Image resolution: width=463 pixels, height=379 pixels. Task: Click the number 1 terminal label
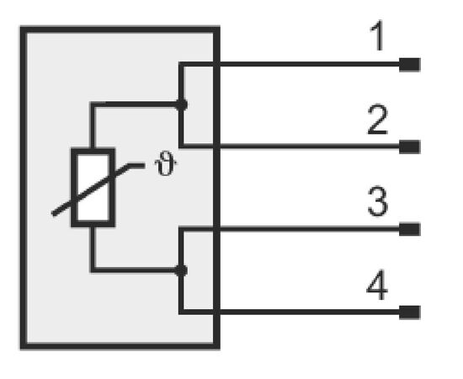coord(378,35)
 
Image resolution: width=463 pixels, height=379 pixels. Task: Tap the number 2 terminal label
coord(377,120)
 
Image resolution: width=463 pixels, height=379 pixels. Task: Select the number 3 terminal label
coord(378,201)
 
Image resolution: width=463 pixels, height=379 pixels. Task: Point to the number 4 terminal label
coord(377,285)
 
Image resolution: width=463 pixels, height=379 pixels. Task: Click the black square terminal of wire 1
coord(410,65)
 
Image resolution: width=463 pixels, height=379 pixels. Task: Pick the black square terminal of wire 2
coord(410,147)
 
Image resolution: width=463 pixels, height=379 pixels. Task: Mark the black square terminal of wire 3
coord(410,229)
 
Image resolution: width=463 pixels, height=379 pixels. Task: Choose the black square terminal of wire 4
coord(410,312)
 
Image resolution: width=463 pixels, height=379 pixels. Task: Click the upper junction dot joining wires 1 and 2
coord(181,104)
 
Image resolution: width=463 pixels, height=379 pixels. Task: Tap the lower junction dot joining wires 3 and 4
coord(181,270)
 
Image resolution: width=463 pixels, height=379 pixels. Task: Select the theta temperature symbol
coord(166,163)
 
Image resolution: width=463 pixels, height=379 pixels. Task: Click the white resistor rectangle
coord(93,188)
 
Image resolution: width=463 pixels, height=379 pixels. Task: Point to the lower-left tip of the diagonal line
coord(53,214)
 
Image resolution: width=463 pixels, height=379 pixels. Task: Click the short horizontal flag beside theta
coord(136,166)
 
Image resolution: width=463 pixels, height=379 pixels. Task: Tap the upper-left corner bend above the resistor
coord(93,104)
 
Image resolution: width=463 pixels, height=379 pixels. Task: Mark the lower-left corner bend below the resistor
coord(93,270)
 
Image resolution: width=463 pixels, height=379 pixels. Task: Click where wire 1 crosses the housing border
coord(216,64)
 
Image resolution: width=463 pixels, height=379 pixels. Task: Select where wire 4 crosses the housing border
coord(216,312)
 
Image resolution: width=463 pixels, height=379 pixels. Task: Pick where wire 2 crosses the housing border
coord(216,146)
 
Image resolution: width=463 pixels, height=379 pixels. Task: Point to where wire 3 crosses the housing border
coord(216,229)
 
